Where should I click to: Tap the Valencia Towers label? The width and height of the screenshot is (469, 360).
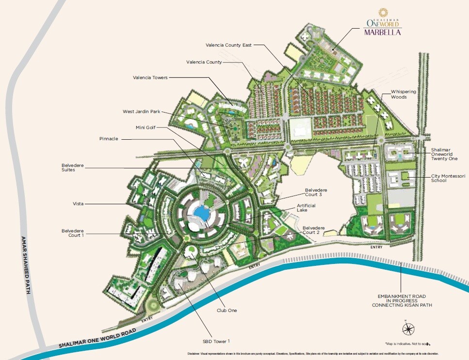[x=150, y=77]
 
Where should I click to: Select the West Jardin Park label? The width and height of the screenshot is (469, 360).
[x=142, y=112]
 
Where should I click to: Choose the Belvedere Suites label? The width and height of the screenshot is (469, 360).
[x=73, y=167]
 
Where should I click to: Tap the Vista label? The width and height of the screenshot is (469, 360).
[x=79, y=204]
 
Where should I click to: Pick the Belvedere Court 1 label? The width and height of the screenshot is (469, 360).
[x=73, y=233]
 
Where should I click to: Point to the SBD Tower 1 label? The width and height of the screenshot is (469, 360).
[x=216, y=341]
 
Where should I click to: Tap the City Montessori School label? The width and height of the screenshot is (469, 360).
[x=445, y=179]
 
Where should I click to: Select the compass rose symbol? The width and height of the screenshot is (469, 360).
[x=408, y=329]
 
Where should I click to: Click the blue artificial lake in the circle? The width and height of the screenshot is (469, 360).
[x=200, y=213]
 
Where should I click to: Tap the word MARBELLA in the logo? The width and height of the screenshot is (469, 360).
[x=383, y=33]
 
